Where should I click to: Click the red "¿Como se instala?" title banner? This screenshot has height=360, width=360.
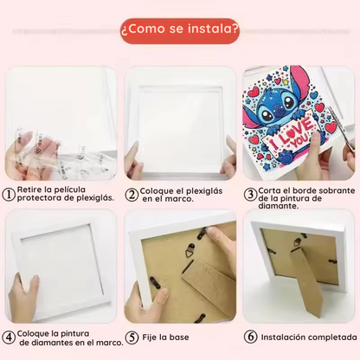180,31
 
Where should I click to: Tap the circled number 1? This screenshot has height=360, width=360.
9,195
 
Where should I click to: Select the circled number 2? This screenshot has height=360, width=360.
132,195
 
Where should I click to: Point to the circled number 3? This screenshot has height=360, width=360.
250,195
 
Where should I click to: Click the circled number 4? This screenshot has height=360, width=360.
9,337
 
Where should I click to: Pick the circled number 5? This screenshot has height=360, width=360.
132,337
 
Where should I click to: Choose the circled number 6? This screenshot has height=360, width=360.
250,337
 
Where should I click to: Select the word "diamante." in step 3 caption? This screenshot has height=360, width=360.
274,206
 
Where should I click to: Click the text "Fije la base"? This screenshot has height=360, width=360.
165,337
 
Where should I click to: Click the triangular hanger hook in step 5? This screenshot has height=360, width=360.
190,250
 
